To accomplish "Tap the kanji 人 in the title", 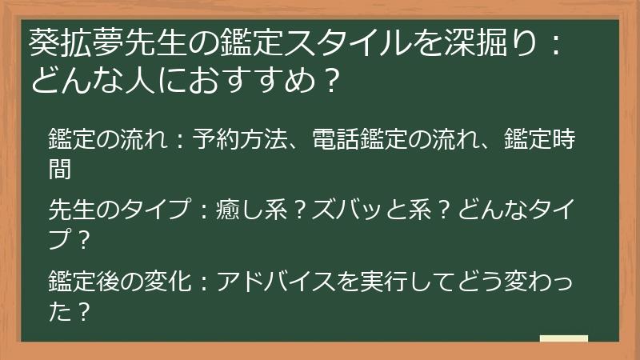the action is [x=139, y=81].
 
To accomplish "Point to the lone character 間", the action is [x=60, y=169].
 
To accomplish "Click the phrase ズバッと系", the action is [x=371, y=210].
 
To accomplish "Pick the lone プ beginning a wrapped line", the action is [x=59, y=239].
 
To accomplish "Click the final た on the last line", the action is [x=59, y=311].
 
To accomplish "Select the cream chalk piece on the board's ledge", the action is [x=564, y=338].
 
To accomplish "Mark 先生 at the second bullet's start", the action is [x=71, y=210].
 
